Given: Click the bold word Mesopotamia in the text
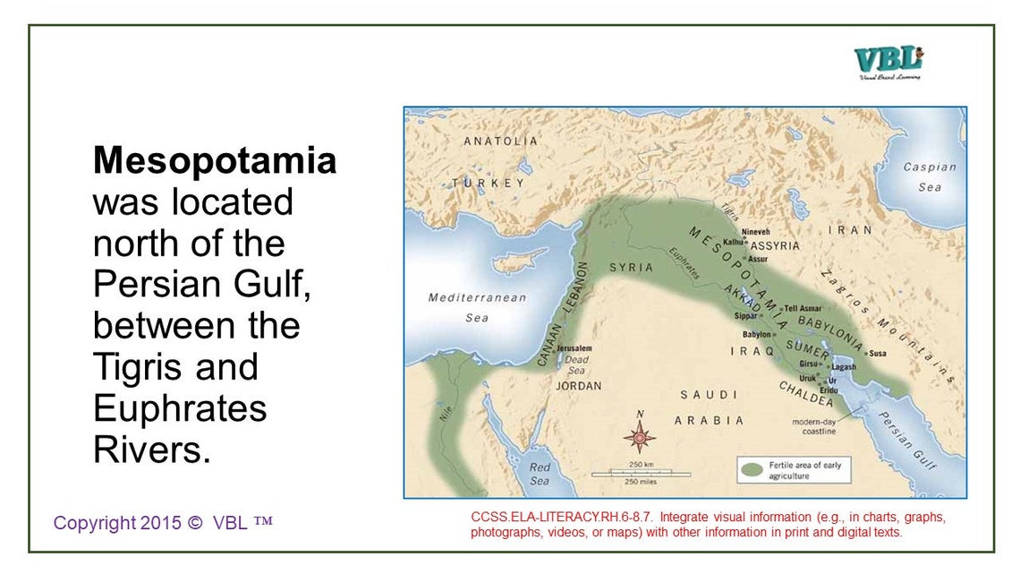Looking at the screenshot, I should click(215, 161).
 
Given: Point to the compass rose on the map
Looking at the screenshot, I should click(640, 437).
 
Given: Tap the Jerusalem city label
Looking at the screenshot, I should click(574, 347).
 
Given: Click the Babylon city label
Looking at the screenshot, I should click(757, 334).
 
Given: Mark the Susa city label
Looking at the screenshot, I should click(878, 353).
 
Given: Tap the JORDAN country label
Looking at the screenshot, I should click(579, 386).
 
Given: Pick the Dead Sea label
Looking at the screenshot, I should click(576, 365).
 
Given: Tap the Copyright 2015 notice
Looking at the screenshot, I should click(162, 522).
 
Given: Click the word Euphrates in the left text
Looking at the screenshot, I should click(180, 408).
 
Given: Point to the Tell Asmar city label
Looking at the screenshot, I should click(803, 308).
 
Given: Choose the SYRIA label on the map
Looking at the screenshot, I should click(631, 268).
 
